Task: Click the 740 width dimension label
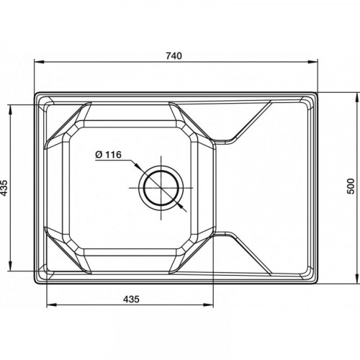point(174,55)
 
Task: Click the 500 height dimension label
point(351,186)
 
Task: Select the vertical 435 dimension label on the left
point(4,187)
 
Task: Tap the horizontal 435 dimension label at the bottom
point(131,299)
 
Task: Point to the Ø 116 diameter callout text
point(109,155)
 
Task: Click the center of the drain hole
point(161,188)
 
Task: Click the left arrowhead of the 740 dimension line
point(39,62)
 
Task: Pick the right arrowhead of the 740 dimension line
point(312,62)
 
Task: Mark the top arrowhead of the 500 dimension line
point(356,98)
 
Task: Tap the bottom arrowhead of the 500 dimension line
point(356,279)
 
